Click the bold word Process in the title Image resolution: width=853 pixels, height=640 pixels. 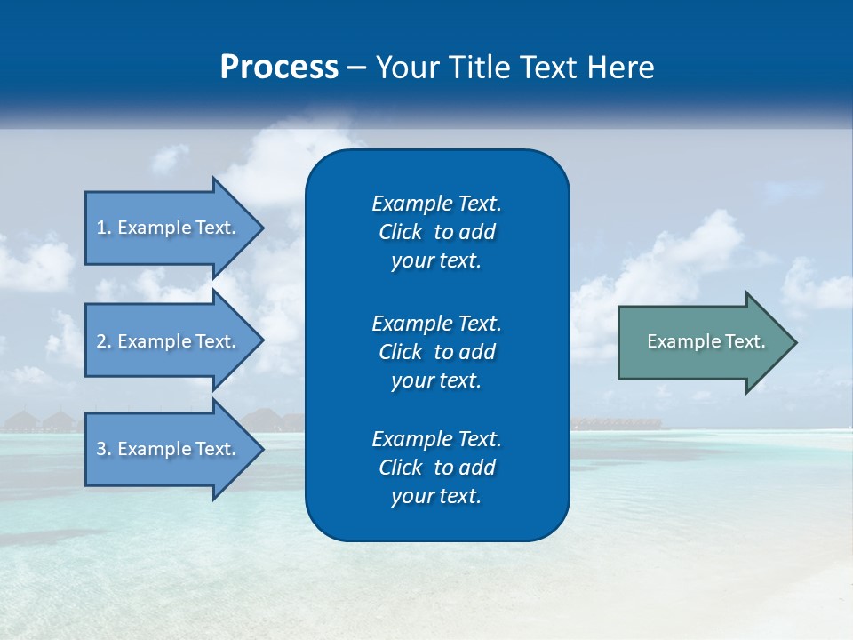279,68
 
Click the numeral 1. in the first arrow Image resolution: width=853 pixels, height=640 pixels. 104,228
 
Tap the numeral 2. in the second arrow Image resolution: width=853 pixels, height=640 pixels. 104,341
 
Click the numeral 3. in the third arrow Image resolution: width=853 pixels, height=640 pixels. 104,449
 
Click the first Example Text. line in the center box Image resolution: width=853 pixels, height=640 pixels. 436,204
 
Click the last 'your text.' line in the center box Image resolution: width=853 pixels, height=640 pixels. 436,496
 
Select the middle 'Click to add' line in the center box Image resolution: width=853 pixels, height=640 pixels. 436,352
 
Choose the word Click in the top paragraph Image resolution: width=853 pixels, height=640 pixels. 400,232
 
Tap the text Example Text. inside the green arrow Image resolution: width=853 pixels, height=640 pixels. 706,341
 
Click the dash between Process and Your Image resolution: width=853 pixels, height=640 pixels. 356,68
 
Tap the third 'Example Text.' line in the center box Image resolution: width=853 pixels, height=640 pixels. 436,439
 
